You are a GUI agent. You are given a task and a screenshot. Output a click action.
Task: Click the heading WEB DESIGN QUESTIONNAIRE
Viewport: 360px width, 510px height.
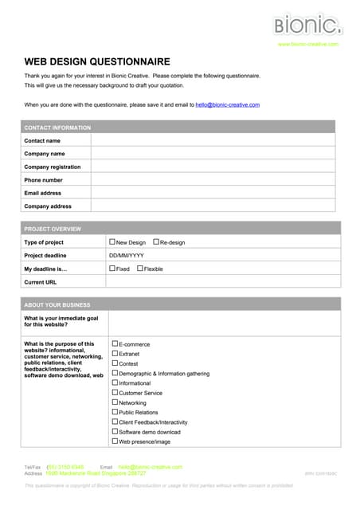click(96, 61)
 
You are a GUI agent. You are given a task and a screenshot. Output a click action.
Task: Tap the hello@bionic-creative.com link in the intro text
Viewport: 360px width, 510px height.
click(227, 104)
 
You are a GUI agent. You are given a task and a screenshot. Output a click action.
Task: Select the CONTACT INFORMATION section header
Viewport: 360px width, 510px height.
click(57, 127)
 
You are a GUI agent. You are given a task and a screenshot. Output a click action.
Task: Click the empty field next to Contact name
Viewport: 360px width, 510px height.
click(215, 140)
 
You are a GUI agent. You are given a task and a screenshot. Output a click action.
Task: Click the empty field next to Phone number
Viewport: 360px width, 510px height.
click(215, 180)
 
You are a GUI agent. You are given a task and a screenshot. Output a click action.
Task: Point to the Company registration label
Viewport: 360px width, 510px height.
click(52, 167)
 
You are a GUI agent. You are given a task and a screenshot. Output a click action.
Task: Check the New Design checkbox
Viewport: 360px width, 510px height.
click(112, 241)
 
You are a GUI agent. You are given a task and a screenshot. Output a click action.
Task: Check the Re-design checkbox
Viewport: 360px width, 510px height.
click(155, 241)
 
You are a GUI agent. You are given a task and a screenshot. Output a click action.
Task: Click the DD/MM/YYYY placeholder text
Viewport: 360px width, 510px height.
click(126, 255)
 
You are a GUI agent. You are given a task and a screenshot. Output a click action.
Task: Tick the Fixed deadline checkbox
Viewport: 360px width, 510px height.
click(112, 269)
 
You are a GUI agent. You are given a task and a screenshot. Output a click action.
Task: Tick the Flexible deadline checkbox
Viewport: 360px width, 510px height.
click(140, 269)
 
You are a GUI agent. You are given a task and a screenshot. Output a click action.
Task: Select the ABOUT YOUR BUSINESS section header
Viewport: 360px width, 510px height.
click(57, 304)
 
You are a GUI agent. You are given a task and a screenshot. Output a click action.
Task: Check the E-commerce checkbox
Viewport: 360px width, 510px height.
click(115, 343)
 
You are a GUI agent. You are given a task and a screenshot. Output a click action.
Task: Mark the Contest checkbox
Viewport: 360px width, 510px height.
click(115, 363)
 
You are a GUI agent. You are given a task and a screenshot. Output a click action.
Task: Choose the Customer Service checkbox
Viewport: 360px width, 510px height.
click(115, 392)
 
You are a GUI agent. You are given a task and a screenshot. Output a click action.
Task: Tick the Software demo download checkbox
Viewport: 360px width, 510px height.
click(115, 431)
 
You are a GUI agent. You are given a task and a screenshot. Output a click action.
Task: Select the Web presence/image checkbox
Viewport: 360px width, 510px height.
click(115, 441)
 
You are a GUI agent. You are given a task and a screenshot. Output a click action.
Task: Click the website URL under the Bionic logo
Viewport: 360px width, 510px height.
click(307, 44)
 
